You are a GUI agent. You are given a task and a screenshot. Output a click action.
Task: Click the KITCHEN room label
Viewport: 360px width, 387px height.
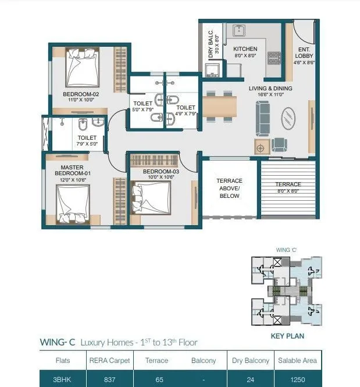tap(245, 49)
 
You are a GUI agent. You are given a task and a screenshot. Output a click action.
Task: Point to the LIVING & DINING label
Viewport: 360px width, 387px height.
tap(270, 88)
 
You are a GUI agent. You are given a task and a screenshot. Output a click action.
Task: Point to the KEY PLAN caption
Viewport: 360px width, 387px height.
tap(287, 336)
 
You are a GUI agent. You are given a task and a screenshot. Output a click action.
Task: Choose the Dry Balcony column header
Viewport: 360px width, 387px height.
tap(249, 361)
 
